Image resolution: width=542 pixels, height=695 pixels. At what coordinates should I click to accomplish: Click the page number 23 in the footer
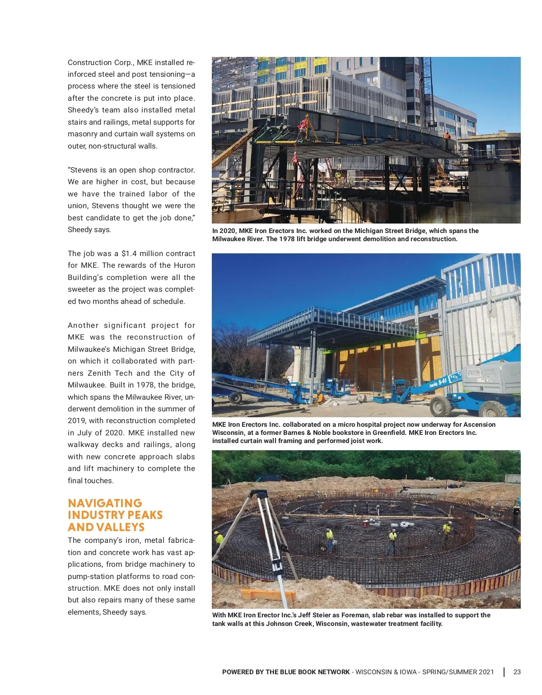[517, 672]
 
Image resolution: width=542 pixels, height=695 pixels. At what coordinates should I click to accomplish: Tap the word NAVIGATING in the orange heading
[105, 503]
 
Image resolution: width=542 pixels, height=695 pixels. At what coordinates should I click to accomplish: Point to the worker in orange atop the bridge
[447, 135]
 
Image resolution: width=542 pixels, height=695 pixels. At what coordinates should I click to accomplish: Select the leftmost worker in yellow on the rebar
[220, 538]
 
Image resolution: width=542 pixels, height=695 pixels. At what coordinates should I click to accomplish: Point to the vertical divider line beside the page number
[504, 672]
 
